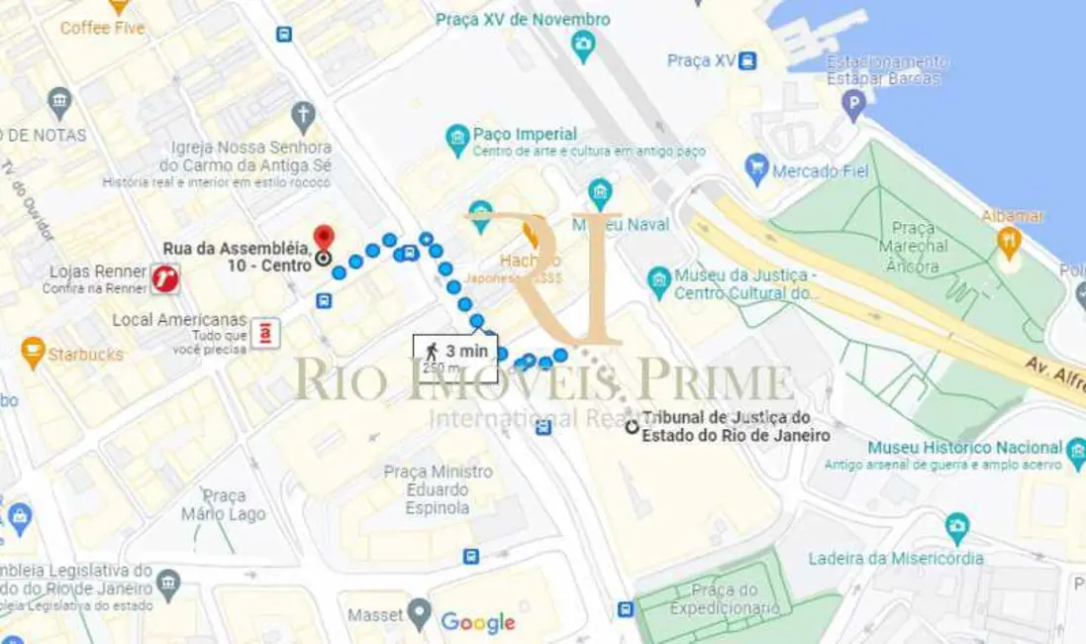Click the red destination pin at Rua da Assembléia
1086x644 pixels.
pos(324,239)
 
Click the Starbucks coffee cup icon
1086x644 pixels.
pos(33,351)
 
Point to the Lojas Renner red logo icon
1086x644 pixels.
pos(165,278)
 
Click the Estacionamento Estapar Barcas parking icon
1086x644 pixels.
pos(853,103)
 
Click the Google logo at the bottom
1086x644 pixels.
pos(478,622)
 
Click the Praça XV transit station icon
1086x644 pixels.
pos(747,60)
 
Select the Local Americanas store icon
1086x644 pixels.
pos(264,333)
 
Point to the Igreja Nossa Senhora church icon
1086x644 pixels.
pos(303,114)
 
